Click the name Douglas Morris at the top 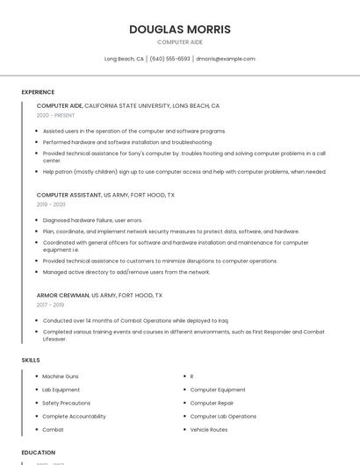pyautogui.click(x=180, y=30)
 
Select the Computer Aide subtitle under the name pyautogui.click(x=180, y=42)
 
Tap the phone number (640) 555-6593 pyautogui.click(x=169, y=59)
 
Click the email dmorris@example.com pyautogui.click(x=226, y=59)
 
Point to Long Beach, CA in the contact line pyautogui.click(x=124, y=59)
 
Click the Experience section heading pyautogui.click(x=38, y=92)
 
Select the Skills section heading pyautogui.click(x=31, y=360)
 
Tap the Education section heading pyautogui.click(x=39, y=453)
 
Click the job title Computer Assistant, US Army pyautogui.click(x=105, y=195)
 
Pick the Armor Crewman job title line pyautogui.click(x=99, y=296)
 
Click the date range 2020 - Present pyautogui.click(x=55, y=115)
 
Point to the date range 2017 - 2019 pyautogui.click(x=51, y=305)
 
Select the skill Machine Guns pyautogui.click(x=60, y=376)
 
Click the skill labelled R pyautogui.click(x=191, y=376)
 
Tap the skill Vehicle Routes pyautogui.click(x=209, y=430)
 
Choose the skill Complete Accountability pyautogui.click(x=74, y=417)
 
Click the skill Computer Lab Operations pyautogui.click(x=223, y=417)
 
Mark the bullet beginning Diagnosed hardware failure pyautogui.click(x=92, y=220)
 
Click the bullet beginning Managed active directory pyautogui.click(x=126, y=272)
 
